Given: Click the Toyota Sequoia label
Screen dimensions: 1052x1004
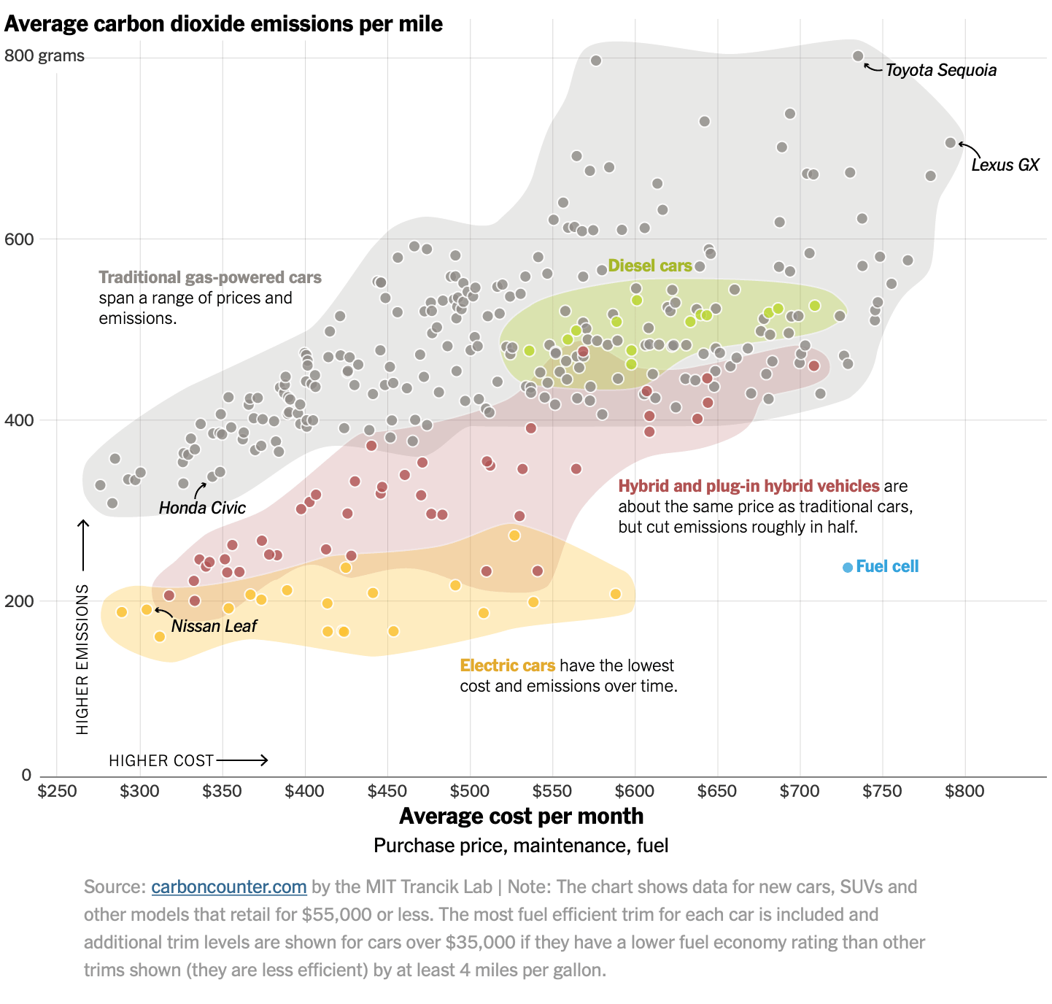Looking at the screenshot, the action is tap(940, 70).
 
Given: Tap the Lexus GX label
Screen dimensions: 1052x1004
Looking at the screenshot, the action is tap(1005, 165).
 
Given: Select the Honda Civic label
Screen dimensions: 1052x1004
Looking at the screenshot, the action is tap(202, 507).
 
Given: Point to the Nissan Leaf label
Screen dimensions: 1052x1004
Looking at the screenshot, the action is tap(214, 625).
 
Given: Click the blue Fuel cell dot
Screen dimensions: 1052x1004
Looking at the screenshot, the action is tap(847, 567).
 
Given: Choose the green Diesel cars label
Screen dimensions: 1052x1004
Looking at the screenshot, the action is tap(649, 266).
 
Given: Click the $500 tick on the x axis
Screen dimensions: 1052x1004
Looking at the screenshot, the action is tap(469, 790).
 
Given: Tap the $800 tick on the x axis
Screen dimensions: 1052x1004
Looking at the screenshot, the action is tap(964, 790).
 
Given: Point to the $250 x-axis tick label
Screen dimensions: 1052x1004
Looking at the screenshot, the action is tap(57, 790).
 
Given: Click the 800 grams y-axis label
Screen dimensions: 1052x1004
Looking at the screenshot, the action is tap(44, 55).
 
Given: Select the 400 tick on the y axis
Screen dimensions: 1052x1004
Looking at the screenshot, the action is tap(19, 420).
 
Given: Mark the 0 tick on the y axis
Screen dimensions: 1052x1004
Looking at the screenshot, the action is tap(26, 774).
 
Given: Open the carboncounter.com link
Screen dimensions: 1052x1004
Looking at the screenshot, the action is tap(228, 887).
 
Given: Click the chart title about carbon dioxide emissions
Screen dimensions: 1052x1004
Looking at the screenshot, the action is tap(223, 24).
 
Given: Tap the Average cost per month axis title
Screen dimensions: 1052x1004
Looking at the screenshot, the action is tap(521, 816).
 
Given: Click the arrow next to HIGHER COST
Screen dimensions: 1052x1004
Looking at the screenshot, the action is tap(242, 760).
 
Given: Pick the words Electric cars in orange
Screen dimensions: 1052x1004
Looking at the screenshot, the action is tap(507, 665).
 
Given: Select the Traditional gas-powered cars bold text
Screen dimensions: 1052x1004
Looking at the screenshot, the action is tap(210, 277).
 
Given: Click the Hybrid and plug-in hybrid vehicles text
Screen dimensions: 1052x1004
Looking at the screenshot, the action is tap(749, 486).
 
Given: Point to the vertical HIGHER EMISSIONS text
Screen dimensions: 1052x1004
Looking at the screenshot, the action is tap(82, 660).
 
